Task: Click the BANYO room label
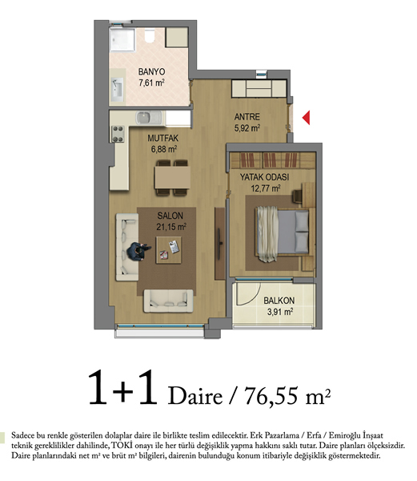(x=151, y=72)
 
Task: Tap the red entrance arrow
(x=307, y=118)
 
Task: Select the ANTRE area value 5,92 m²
(x=247, y=127)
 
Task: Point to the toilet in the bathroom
(x=150, y=37)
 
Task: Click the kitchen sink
(x=149, y=118)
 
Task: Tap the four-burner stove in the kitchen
(x=118, y=134)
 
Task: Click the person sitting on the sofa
(x=138, y=251)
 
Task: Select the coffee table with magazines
(x=168, y=249)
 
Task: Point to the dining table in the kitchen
(x=172, y=177)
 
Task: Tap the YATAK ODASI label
(x=265, y=177)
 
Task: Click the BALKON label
(x=279, y=301)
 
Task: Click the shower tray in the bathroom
(x=122, y=40)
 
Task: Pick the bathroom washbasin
(x=118, y=89)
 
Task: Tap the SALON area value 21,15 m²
(x=171, y=227)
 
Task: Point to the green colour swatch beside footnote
(x=2, y=438)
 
